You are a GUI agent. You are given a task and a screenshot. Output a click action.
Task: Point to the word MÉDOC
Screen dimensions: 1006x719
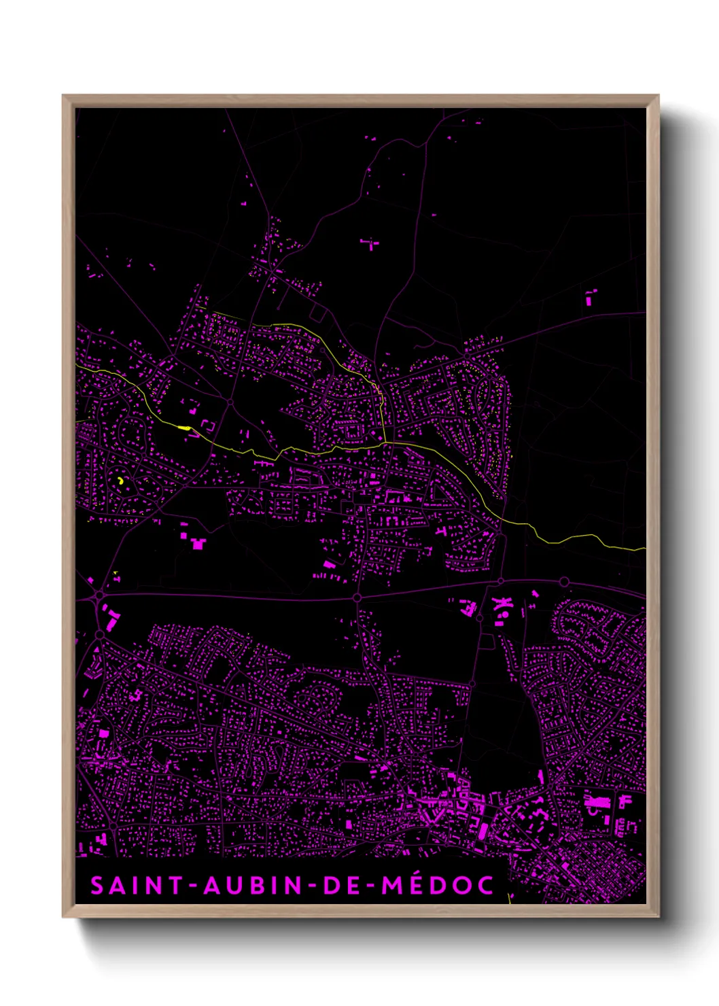click(438, 885)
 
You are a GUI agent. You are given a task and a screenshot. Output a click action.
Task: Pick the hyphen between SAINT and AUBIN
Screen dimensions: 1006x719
click(194, 886)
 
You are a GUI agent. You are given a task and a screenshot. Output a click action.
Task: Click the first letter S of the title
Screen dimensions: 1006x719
click(98, 885)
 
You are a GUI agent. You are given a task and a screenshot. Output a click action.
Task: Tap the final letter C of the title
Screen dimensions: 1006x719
click(485, 885)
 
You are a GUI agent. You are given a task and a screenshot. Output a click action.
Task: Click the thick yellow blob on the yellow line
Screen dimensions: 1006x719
click(183, 428)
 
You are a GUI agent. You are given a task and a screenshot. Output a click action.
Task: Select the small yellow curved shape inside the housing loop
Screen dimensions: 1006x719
click(120, 481)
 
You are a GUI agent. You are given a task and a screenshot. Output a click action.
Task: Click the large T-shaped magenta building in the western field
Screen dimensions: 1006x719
click(198, 544)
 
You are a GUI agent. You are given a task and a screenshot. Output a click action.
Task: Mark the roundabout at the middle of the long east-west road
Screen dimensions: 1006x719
click(357, 597)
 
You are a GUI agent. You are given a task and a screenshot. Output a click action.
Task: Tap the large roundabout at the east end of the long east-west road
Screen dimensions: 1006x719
click(564, 582)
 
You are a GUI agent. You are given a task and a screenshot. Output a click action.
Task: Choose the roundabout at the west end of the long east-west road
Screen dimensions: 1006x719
click(100, 595)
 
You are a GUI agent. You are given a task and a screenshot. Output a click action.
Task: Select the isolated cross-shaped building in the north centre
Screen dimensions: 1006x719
click(370, 243)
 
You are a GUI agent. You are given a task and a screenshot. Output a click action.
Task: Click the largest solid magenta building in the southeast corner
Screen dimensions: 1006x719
click(597, 803)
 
